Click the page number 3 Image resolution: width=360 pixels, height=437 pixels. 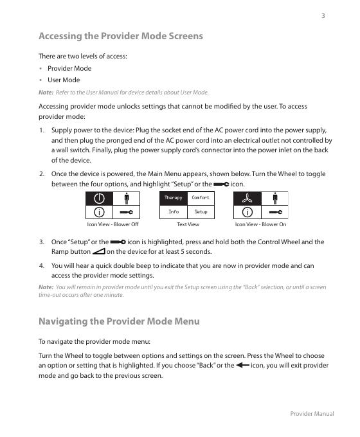[x=323, y=16]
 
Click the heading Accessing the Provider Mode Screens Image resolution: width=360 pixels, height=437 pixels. [x=121, y=36]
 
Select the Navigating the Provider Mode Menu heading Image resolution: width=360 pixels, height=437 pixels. [x=119, y=321]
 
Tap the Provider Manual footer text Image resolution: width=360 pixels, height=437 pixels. [x=312, y=414]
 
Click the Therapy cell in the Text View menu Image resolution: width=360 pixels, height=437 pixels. [x=173, y=197]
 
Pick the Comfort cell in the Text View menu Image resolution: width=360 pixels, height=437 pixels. [x=201, y=197]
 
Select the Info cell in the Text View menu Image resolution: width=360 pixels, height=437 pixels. [x=174, y=212]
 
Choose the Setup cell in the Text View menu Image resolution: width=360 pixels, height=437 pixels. [x=201, y=212]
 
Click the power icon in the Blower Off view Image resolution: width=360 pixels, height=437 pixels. [x=99, y=199]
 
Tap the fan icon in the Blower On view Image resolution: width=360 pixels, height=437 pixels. [x=247, y=199]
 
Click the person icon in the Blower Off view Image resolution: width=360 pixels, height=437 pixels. [x=127, y=199]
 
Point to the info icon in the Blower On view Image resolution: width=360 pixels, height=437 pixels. [x=247, y=212]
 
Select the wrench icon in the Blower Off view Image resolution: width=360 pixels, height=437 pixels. [x=126, y=212]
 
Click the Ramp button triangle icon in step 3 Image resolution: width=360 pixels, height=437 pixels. [x=98, y=251]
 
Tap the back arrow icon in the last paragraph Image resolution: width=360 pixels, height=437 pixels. [x=242, y=365]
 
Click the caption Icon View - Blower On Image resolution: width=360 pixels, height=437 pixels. [x=260, y=224]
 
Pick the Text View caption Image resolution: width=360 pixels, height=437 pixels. [x=188, y=224]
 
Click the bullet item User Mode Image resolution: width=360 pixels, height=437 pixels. [x=64, y=80]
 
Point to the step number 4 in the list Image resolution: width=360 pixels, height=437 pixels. [x=42, y=265]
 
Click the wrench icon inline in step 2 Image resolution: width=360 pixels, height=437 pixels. [x=221, y=184]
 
